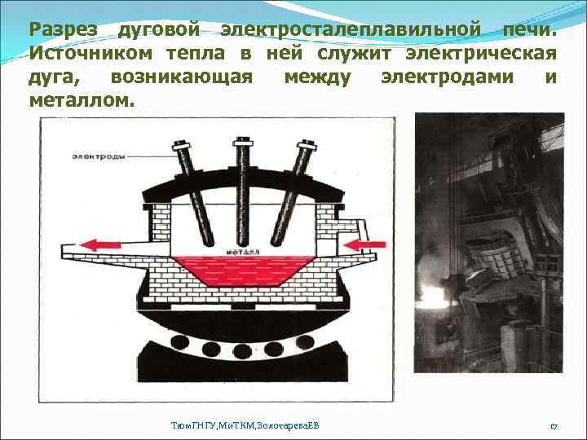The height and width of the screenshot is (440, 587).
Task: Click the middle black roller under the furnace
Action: (242, 351)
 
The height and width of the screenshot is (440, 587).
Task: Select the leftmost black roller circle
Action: (170, 351)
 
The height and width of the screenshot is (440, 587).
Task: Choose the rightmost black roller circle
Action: (314, 351)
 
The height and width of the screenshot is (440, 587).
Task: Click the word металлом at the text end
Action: (78, 102)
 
